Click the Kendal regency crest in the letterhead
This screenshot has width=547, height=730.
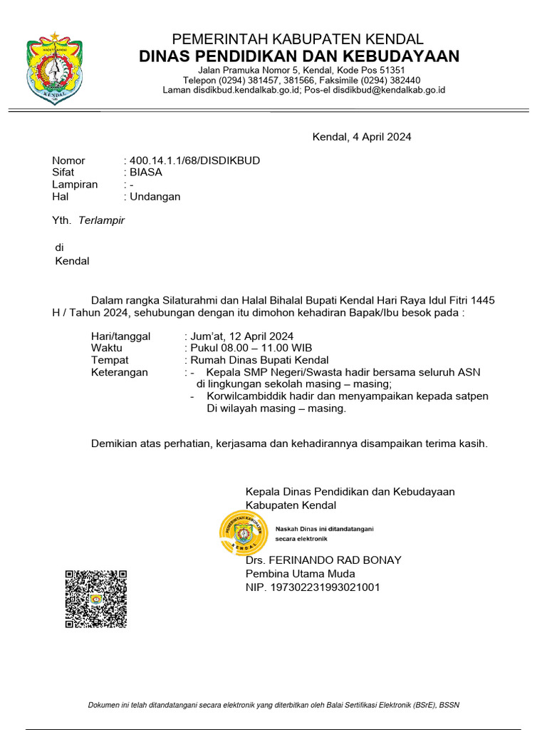pos(55,68)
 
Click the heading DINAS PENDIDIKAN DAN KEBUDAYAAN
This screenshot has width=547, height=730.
pos(299,56)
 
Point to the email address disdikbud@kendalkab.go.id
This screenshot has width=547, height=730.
pos(389,91)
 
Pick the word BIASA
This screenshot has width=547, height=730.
pos(146,173)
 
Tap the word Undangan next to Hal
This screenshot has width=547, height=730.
pos(155,197)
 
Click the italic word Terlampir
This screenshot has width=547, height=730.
pos(101,220)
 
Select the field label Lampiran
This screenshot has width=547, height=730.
pos(75,185)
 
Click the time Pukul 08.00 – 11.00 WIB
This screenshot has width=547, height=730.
pos(241,349)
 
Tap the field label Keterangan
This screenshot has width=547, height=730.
pos(120,373)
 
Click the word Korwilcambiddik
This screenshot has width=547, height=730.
pos(247,396)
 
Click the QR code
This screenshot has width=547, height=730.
pos(95,599)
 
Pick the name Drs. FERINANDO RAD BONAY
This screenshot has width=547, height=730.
pos(323,560)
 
